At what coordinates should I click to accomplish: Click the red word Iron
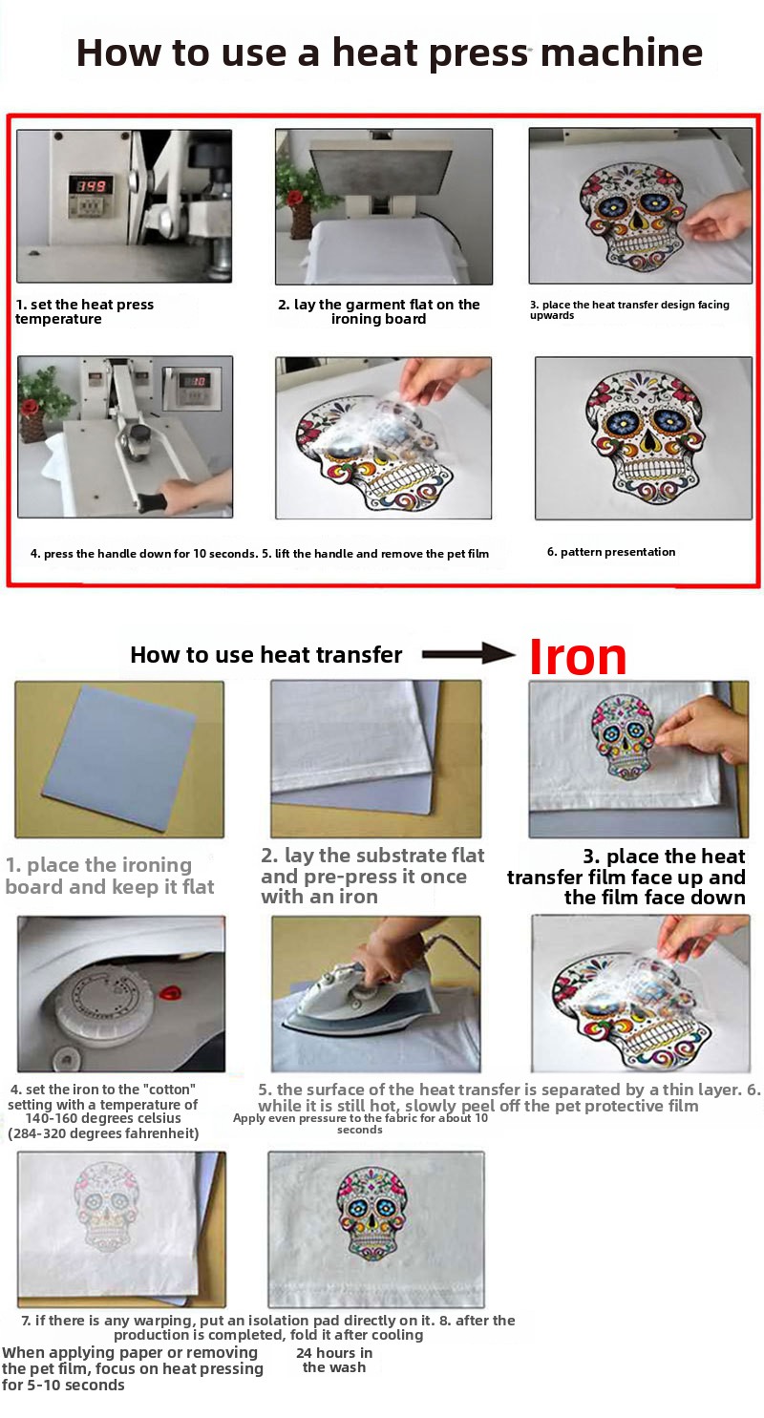click(x=577, y=657)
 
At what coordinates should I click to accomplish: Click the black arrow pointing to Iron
click(x=468, y=653)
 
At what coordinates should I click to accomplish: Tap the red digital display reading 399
click(x=91, y=185)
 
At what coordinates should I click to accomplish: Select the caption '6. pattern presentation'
click(x=611, y=551)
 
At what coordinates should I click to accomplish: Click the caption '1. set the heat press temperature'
click(x=84, y=311)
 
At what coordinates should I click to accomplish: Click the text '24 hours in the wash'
click(x=334, y=1360)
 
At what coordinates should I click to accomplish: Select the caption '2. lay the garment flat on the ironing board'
click(x=378, y=311)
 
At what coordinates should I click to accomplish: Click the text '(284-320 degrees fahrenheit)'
click(x=103, y=1133)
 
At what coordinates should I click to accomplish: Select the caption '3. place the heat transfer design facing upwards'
click(x=629, y=309)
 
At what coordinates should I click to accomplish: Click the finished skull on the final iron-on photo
click(x=372, y=1215)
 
